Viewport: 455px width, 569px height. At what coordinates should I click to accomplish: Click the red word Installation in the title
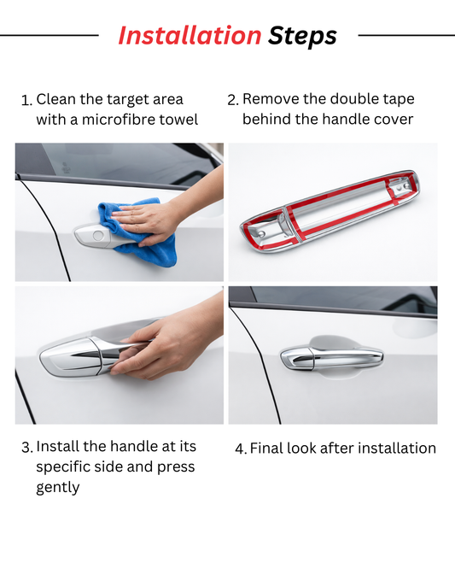click(190, 36)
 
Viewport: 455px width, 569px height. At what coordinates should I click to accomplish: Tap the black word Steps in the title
click(302, 37)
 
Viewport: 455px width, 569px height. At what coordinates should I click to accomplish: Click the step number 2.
click(232, 100)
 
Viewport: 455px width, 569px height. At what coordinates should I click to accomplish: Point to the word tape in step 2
click(400, 100)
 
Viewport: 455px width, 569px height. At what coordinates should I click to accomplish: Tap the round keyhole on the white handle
click(98, 235)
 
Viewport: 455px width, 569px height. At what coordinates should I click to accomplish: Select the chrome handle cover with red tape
click(330, 211)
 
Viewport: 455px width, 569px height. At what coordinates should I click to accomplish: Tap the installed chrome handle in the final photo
click(331, 358)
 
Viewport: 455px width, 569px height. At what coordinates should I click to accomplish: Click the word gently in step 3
click(58, 487)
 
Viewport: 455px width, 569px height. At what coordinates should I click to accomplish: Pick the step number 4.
click(241, 449)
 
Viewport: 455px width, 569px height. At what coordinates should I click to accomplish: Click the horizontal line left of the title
click(50, 35)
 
